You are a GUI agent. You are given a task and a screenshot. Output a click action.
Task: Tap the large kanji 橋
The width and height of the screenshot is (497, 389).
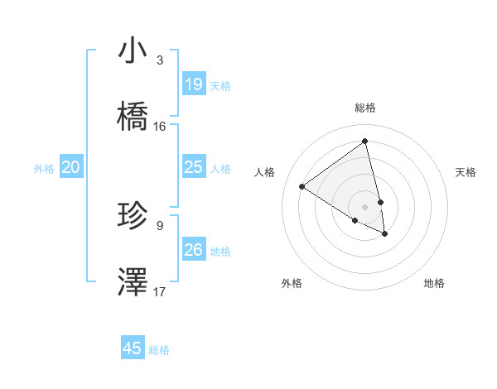[133, 117]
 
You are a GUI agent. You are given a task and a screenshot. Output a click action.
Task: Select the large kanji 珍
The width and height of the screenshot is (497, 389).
[133, 216]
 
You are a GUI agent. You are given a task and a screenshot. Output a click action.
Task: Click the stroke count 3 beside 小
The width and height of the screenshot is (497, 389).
[159, 60]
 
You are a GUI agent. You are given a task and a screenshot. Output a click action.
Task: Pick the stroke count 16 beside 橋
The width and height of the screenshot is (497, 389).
[160, 127]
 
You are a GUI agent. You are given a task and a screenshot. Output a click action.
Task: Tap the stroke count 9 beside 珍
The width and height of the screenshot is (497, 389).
[159, 225]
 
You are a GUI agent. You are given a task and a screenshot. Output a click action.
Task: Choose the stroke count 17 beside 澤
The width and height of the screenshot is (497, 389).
[160, 292]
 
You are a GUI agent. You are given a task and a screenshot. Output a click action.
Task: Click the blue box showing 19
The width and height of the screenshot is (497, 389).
[194, 84]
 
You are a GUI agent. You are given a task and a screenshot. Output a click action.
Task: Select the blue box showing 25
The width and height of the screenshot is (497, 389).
[194, 167]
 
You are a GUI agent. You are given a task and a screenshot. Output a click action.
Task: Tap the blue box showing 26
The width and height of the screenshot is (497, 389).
[194, 250]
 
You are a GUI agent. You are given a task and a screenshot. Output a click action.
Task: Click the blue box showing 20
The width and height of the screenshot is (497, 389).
[71, 167]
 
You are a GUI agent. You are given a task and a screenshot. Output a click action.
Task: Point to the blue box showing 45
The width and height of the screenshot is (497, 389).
[133, 348]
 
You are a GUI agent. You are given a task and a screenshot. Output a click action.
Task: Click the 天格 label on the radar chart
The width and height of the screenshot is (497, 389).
[466, 172]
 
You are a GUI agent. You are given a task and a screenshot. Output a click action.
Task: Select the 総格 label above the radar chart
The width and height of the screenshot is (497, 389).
[365, 108]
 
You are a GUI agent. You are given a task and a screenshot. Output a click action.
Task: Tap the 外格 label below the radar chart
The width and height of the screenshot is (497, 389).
[292, 283]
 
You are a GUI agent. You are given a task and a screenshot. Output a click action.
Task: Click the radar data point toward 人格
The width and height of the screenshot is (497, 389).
[302, 186]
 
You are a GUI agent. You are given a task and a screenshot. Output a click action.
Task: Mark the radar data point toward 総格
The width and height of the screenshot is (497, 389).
[365, 142]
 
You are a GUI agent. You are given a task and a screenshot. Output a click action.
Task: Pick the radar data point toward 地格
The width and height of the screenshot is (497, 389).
[385, 234]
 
